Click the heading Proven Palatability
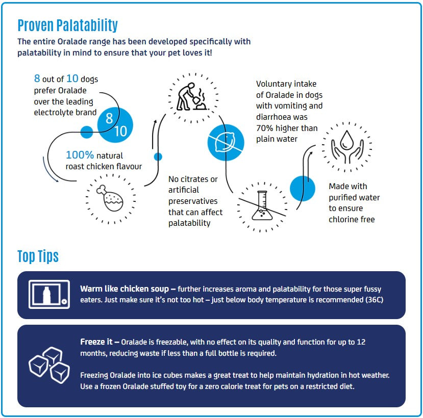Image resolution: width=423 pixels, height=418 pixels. [67, 25]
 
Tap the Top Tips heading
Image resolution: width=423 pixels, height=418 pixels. [38, 256]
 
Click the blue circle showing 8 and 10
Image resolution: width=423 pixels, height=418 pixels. [115, 125]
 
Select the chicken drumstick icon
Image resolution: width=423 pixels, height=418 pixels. [110, 198]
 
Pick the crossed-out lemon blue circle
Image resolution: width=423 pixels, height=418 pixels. [226, 143]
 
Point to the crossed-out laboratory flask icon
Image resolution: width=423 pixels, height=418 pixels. [262, 206]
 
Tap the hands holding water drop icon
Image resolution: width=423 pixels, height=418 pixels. [347, 147]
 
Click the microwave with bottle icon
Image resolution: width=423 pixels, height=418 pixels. [49, 294]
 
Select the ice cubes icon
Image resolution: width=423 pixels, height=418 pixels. [49, 365]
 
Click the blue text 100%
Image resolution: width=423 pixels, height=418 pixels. [80, 155]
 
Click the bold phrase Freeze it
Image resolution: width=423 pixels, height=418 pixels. [96, 342]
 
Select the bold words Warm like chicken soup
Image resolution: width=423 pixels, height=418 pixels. [125, 289]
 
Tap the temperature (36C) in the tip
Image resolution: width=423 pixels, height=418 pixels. [374, 300]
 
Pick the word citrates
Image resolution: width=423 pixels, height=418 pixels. [194, 179]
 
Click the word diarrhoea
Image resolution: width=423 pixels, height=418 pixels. [282, 117]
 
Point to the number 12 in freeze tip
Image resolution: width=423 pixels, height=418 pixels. [361, 342]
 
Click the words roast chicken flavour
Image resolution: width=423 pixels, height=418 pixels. [104, 166]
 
